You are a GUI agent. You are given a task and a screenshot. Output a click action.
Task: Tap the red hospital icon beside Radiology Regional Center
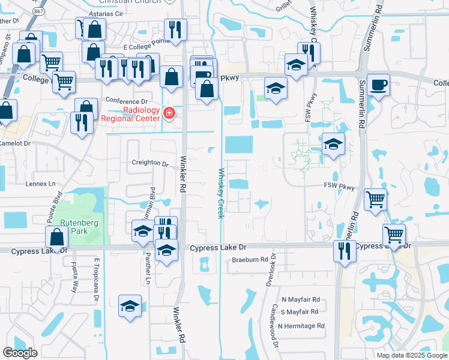coord(169,113)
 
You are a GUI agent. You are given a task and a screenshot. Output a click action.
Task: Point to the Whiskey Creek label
coord(220,192)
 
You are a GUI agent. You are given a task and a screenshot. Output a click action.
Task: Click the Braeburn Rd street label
coord(250,260)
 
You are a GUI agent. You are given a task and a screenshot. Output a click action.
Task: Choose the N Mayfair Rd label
coord(301,299)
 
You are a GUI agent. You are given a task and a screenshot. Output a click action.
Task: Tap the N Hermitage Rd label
coord(303,326)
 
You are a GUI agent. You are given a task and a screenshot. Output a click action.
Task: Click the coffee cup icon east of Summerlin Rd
coord(378,85)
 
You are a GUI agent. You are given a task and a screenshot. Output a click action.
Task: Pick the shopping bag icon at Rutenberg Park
coord(56,238)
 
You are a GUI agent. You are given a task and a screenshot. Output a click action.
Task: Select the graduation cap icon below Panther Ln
coord(130,307)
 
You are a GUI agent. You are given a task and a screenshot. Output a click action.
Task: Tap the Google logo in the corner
coord(20,352)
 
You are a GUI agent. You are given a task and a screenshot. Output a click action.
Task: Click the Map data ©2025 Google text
coord(411,355)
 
